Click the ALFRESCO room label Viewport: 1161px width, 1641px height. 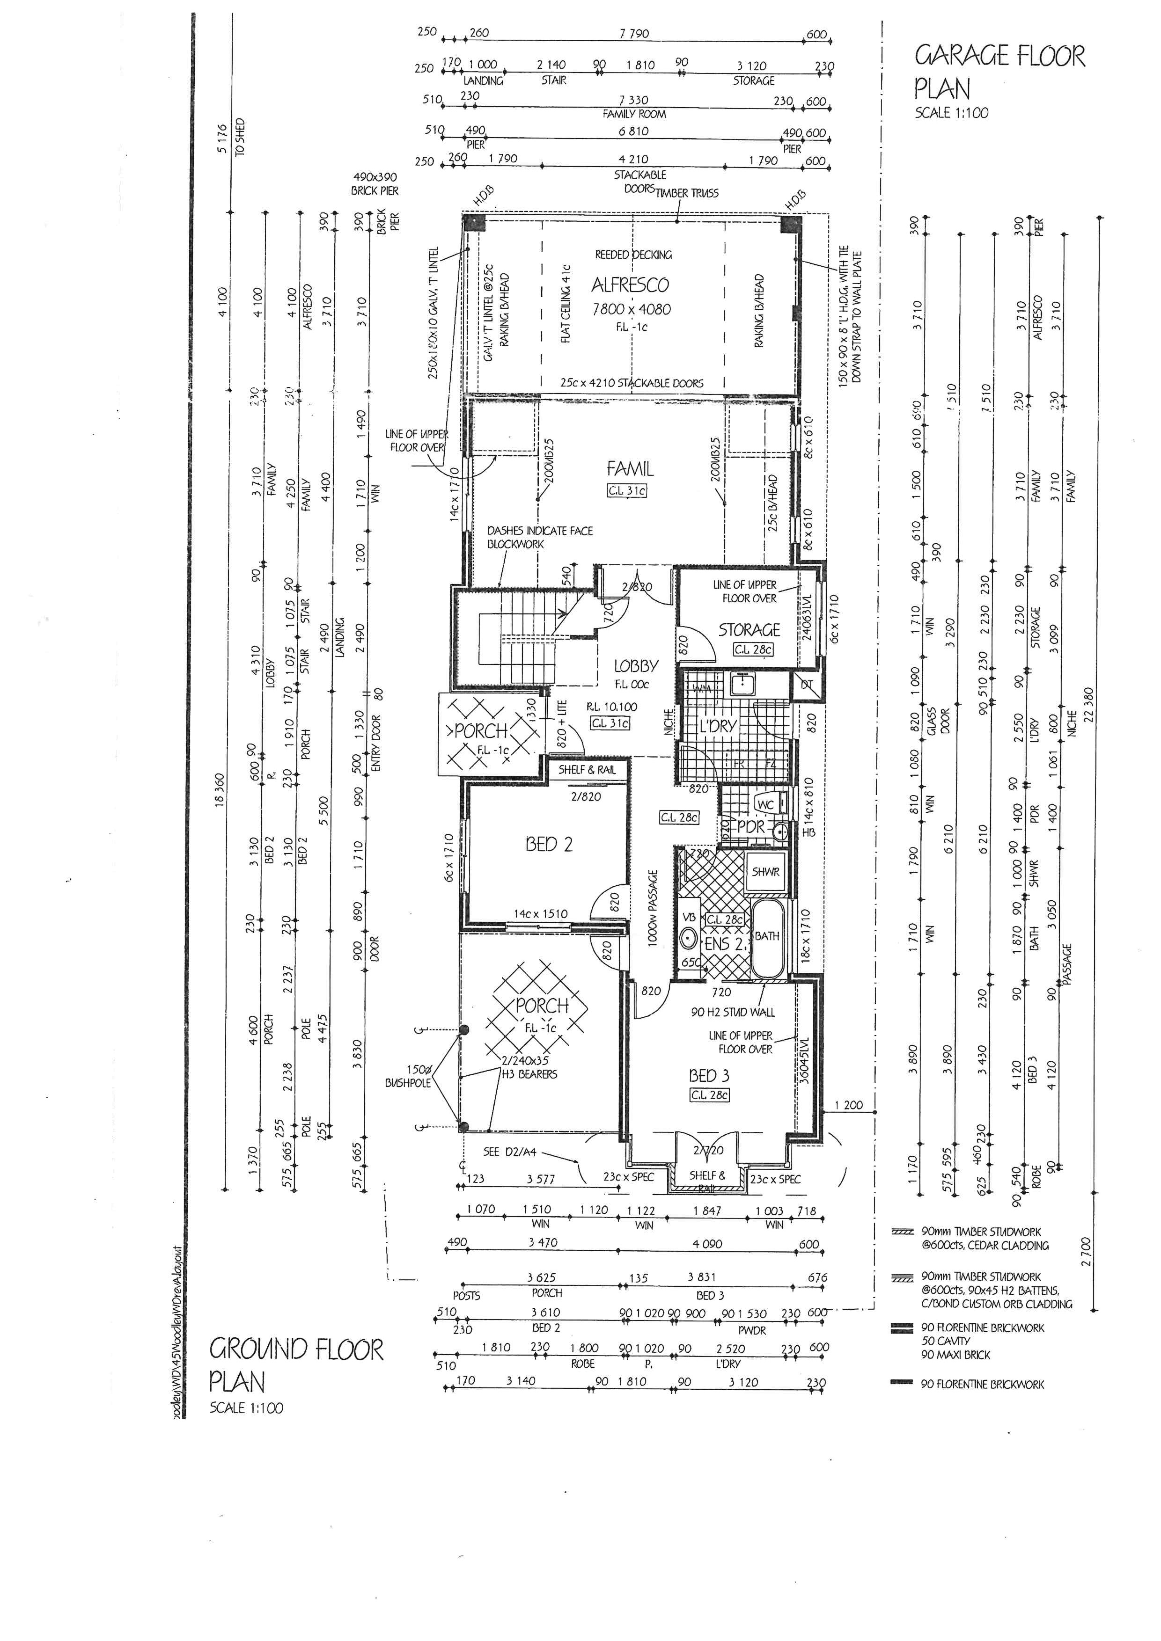click(630, 285)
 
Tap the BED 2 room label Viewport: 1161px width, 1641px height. click(549, 844)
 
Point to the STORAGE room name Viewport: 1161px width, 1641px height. click(749, 630)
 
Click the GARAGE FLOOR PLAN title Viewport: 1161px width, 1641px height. click(999, 72)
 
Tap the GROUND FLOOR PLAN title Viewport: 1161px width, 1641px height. click(296, 1364)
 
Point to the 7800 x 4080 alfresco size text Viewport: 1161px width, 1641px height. click(631, 309)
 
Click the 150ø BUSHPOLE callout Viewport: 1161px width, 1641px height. click(408, 1076)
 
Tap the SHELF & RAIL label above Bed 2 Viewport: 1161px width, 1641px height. click(587, 770)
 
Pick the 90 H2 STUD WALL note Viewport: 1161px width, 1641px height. click(733, 1012)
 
